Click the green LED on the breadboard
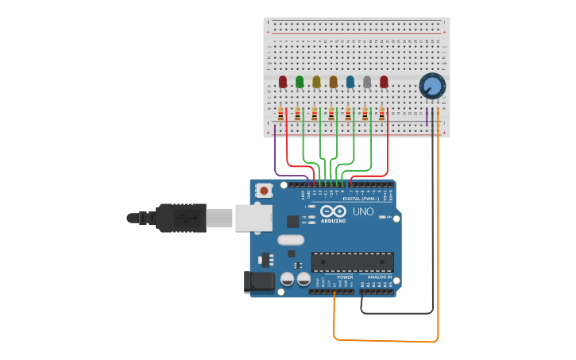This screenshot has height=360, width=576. [x=300, y=81]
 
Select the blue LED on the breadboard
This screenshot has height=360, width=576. [x=350, y=81]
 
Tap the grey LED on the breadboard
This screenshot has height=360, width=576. [x=366, y=81]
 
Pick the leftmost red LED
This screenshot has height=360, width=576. [x=283, y=81]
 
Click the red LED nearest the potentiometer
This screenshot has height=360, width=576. [x=384, y=81]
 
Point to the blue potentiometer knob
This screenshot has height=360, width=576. [x=432, y=85]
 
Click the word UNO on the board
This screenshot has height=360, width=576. [x=362, y=212]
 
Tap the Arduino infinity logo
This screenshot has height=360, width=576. [x=334, y=211]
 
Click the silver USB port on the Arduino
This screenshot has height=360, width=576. [x=253, y=218]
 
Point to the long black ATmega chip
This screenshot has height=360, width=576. [x=352, y=261]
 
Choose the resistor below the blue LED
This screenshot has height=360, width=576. [x=348, y=114]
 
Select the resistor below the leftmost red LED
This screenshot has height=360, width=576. [x=281, y=114]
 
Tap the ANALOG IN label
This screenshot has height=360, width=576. [x=379, y=277]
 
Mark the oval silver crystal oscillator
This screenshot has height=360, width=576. [x=291, y=239]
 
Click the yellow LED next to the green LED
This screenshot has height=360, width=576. [x=316, y=81]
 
